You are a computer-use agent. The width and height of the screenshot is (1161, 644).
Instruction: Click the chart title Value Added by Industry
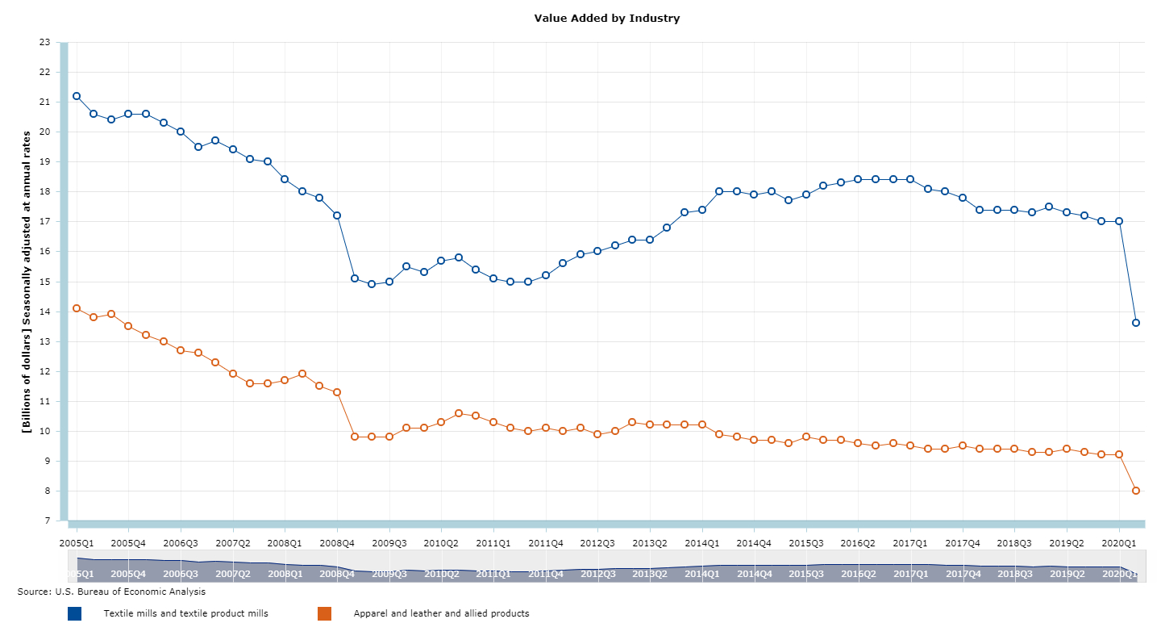pos(606,18)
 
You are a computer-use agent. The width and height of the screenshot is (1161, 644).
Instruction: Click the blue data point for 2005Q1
pos(77,96)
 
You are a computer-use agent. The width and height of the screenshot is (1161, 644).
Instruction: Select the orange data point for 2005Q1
pos(77,308)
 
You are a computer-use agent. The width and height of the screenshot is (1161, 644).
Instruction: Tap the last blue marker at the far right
pos(1136,323)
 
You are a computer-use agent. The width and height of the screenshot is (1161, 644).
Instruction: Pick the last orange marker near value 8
pos(1136,491)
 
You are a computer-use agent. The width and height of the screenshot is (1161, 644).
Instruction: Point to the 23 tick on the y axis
pos(44,42)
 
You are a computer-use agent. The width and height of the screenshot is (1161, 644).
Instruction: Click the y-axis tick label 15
pos(44,282)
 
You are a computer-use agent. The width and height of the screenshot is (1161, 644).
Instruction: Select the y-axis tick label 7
pos(47,521)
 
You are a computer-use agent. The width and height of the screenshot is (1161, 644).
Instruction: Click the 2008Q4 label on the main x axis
pos(337,543)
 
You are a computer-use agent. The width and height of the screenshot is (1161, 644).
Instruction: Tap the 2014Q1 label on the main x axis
pos(702,543)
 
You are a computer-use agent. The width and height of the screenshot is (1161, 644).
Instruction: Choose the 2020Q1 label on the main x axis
pos(1119,543)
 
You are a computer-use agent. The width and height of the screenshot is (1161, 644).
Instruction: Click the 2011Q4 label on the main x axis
pos(546,543)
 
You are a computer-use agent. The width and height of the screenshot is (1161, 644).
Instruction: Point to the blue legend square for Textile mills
pos(75,613)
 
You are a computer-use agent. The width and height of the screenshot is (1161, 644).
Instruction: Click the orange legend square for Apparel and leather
pos(325,613)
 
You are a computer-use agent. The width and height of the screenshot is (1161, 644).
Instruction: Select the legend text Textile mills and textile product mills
pos(185,613)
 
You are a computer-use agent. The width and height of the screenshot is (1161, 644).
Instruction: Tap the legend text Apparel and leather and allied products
pos(441,613)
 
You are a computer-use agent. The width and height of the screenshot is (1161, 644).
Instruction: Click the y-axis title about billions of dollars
pos(27,282)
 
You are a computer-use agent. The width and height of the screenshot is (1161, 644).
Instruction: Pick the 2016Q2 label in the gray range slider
pos(858,574)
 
